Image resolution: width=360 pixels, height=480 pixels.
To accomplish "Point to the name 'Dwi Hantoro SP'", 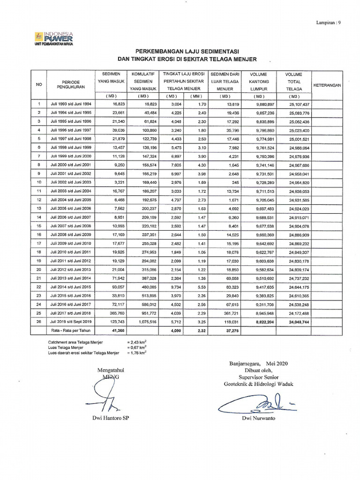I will tap(110, 417).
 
